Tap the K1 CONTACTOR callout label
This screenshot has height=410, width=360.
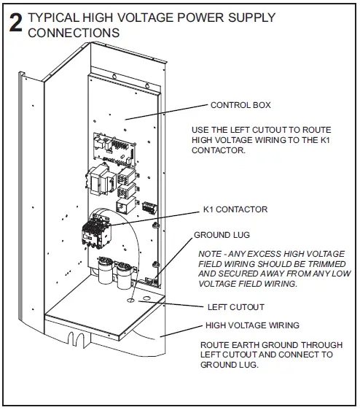pos(235,209)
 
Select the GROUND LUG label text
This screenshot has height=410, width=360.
pos(222,236)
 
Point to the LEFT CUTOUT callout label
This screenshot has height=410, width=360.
pos(236,307)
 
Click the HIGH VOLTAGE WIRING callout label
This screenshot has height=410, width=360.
pos(253,325)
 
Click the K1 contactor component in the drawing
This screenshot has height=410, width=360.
pos(97,232)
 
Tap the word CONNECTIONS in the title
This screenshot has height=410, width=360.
pos(74,33)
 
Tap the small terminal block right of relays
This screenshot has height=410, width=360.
pos(150,206)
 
